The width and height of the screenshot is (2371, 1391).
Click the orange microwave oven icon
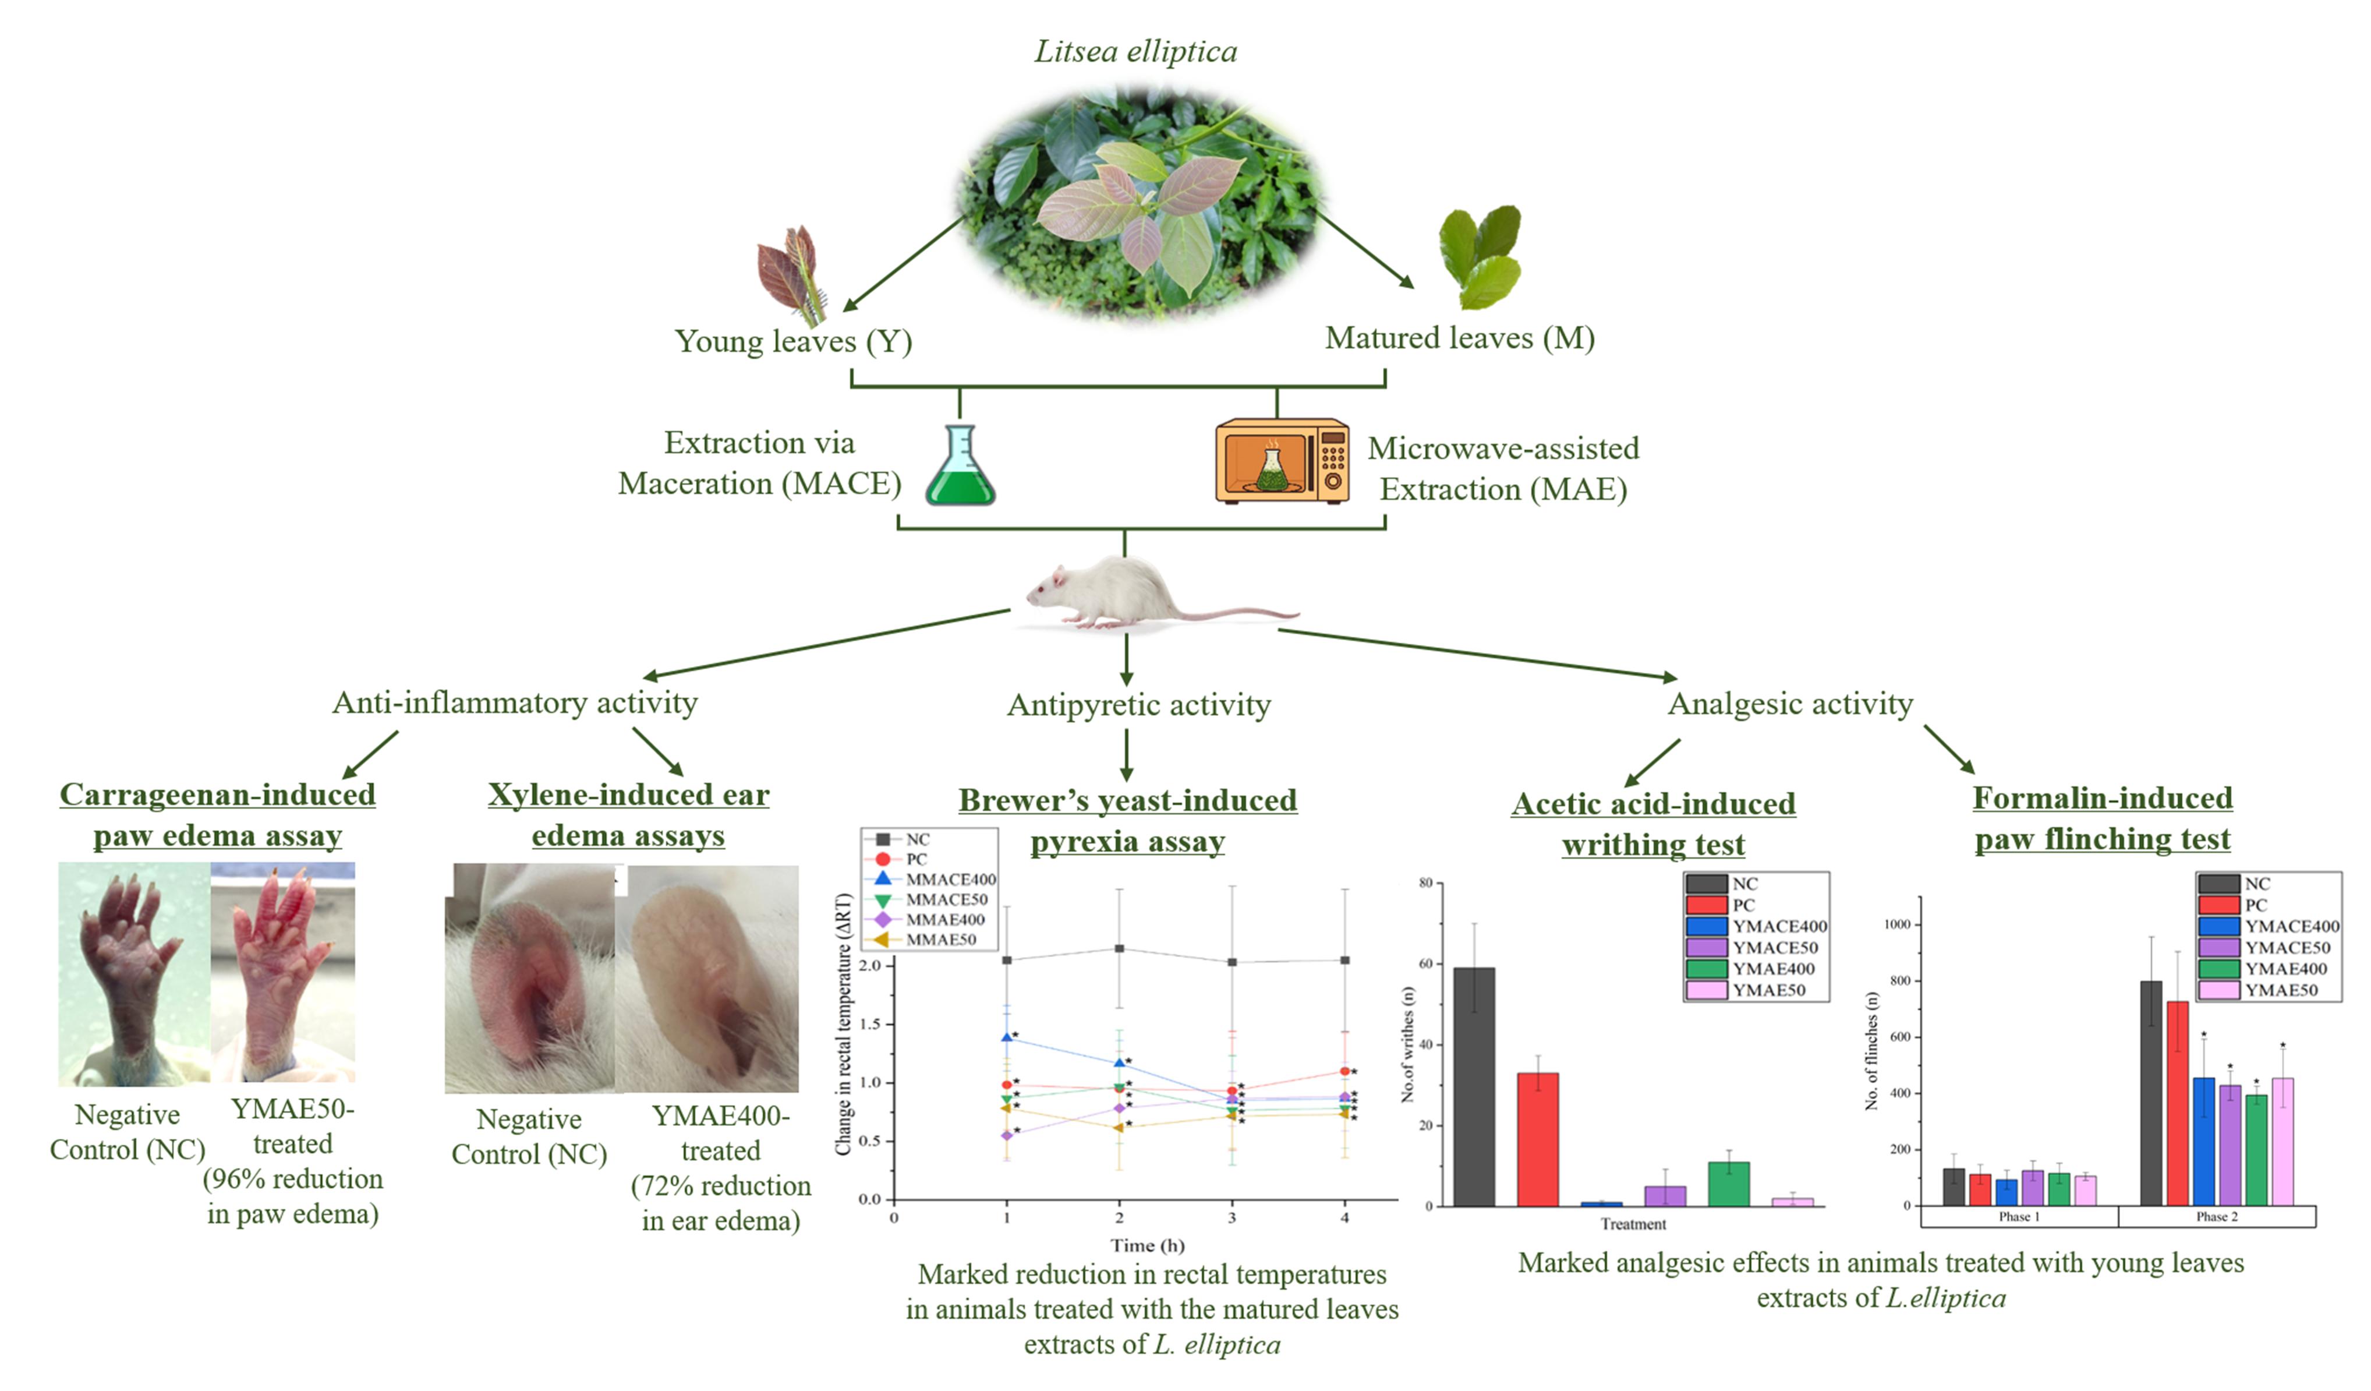[1282, 461]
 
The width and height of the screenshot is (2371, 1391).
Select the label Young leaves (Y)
[793, 341]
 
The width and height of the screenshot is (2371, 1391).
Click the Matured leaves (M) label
[1459, 338]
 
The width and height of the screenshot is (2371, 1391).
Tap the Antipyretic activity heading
[1138, 705]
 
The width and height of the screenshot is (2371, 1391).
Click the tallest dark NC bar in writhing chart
[1473, 1087]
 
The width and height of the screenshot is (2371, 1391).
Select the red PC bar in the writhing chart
[1537, 1139]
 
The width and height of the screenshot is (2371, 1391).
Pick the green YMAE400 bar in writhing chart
[1728, 1184]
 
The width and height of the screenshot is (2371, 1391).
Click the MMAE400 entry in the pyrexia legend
[944, 920]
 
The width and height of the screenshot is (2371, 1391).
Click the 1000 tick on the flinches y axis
[1897, 924]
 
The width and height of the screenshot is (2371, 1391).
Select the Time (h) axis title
[1147, 1245]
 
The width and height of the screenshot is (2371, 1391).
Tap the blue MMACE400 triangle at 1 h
[1007, 1037]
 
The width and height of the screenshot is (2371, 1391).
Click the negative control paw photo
[133, 974]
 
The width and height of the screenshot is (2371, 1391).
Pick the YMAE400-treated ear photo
[707, 979]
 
